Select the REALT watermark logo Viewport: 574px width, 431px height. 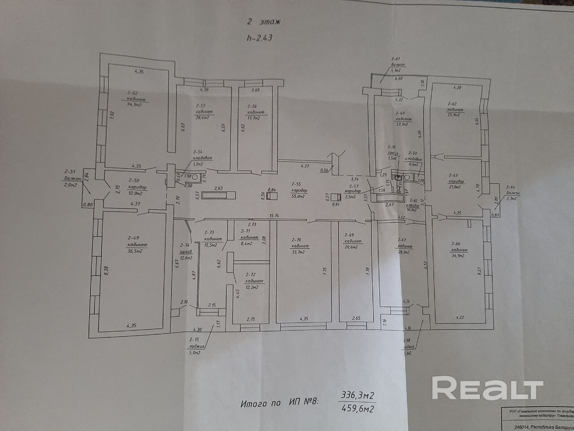click(487, 389)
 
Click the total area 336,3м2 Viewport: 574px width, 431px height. click(358, 395)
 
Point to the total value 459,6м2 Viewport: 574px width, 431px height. click(358, 409)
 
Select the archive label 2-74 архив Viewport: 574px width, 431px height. click(185, 252)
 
